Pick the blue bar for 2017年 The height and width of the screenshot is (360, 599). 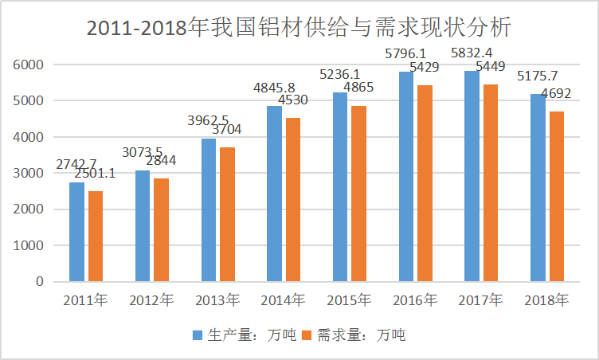(472, 175)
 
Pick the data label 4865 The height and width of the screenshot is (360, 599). (360, 88)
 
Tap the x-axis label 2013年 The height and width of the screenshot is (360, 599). (216, 300)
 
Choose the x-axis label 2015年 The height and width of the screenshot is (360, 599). (349, 300)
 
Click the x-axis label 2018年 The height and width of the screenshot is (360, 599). (546, 300)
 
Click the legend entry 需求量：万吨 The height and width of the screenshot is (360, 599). (354, 335)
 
